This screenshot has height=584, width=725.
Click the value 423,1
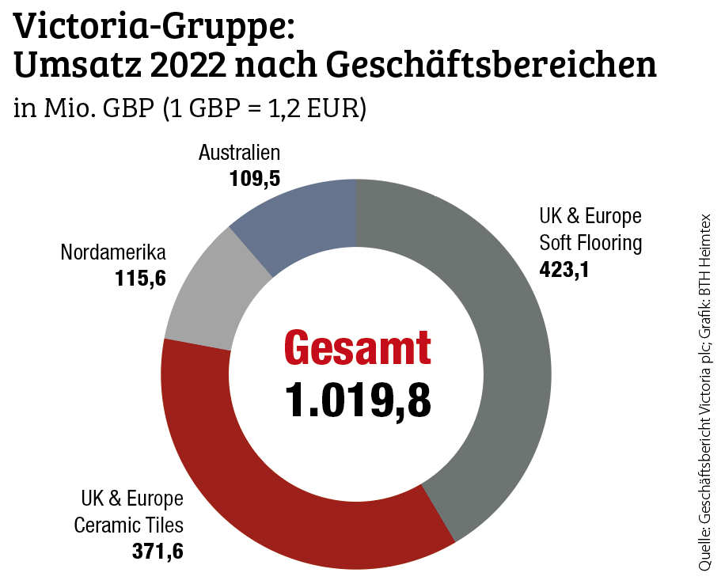pos(566,269)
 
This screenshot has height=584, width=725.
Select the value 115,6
pos(140,279)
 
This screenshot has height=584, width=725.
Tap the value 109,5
pos(255,179)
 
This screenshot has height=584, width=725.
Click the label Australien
pos(239,153)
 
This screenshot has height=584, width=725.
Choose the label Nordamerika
pos(113,253)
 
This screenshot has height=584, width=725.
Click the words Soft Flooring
pos(590,242)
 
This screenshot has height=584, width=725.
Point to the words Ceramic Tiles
pos(129,525)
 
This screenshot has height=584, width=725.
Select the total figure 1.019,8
pos(358,400)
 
